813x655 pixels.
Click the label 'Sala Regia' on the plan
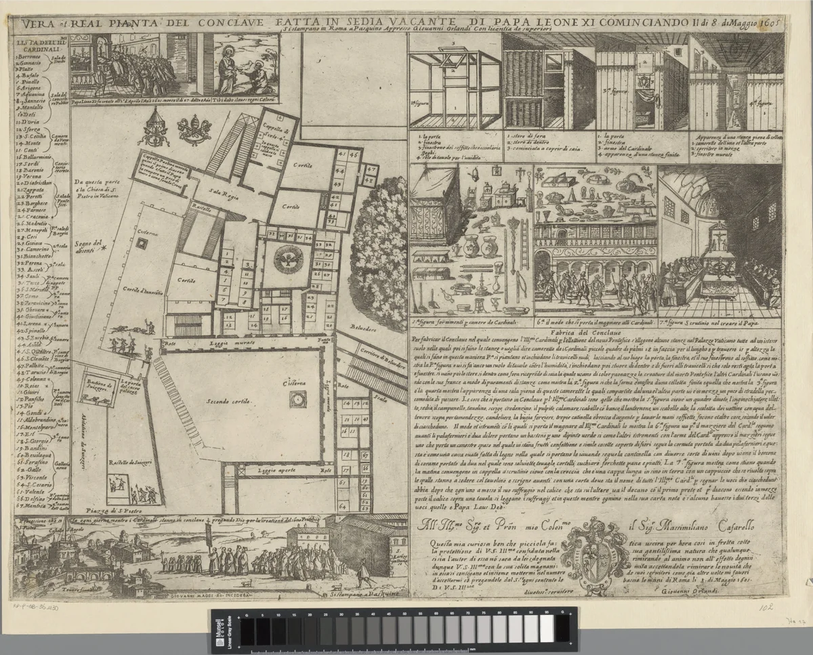coord(217,192)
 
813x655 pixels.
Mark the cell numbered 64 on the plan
coord(344,505)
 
